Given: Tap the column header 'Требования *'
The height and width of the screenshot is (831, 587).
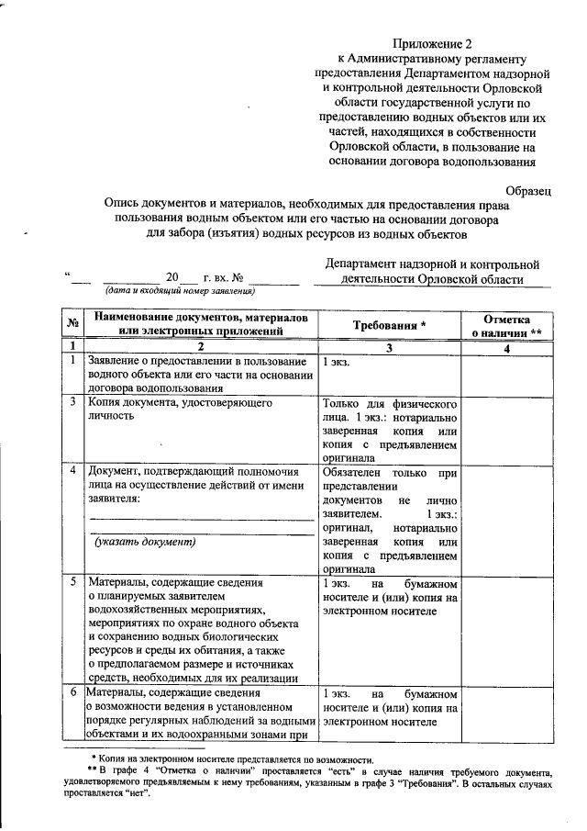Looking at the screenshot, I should pos(389,326).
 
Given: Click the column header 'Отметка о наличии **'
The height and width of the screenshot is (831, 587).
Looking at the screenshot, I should pos(507,325).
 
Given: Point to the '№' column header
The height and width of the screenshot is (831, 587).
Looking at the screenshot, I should pos(72,326).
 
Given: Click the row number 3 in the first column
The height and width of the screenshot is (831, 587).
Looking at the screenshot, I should pos(72,402).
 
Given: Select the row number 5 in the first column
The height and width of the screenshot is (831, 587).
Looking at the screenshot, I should pos(72,583).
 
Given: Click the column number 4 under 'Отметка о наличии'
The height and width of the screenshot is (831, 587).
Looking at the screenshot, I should pos(507,346).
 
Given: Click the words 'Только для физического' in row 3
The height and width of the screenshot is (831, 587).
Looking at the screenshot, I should pos(389,403).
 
